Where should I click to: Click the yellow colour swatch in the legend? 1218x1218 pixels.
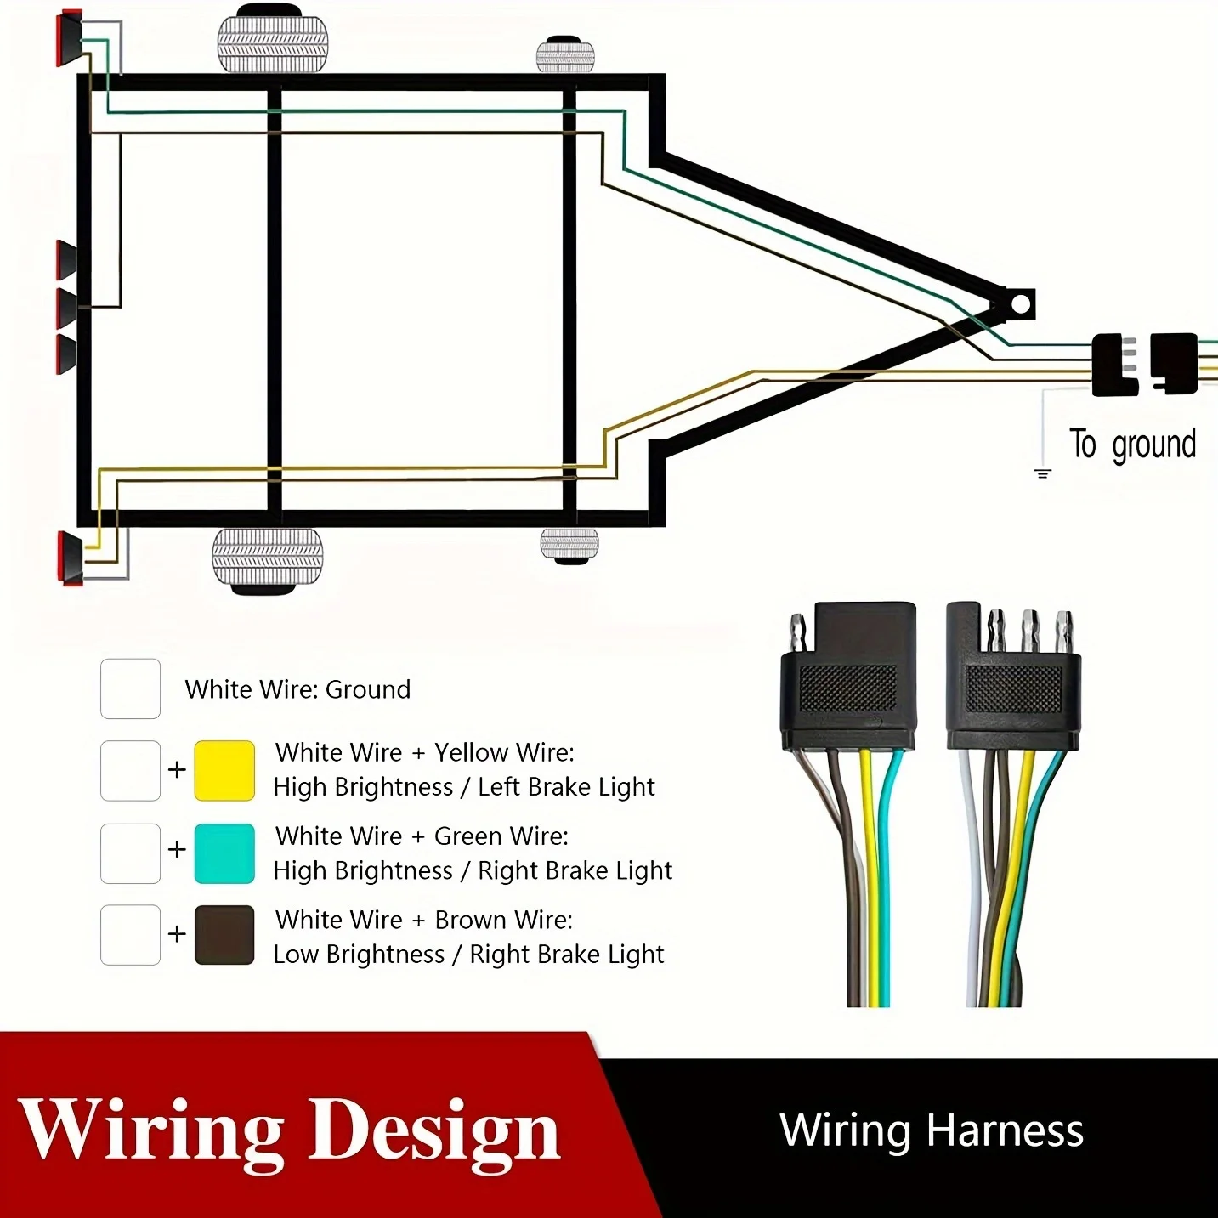coord(224,770)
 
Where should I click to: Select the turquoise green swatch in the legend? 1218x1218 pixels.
coord(224,853)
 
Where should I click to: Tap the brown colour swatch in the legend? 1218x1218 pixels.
coord(224,935)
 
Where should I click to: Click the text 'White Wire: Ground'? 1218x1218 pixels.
coord(297,689)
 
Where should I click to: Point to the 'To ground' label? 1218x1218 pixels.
coord(1132,445)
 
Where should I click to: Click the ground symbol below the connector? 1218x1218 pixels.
coord(1043,473)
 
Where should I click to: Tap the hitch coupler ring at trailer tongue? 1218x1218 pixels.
coord(1020,304)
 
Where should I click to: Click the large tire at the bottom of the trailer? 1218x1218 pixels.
coord(268,558)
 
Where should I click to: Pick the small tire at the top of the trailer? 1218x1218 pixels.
coord(565,55)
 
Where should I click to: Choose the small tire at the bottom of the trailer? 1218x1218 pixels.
coord(569,545)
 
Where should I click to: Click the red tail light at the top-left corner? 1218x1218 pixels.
coord(69,38)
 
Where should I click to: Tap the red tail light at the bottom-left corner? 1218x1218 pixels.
coord(71,558)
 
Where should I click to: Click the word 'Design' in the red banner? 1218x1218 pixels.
coord(433,1131)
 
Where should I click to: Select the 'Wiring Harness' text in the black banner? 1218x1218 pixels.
coord(932,1131)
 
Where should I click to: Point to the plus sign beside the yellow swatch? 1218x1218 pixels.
coord(177,770)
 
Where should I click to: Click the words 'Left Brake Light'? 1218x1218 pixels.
coord(566,787)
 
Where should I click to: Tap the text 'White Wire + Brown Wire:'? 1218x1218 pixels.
coord(423,920)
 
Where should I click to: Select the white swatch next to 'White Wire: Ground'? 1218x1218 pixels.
coord(130,688)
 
